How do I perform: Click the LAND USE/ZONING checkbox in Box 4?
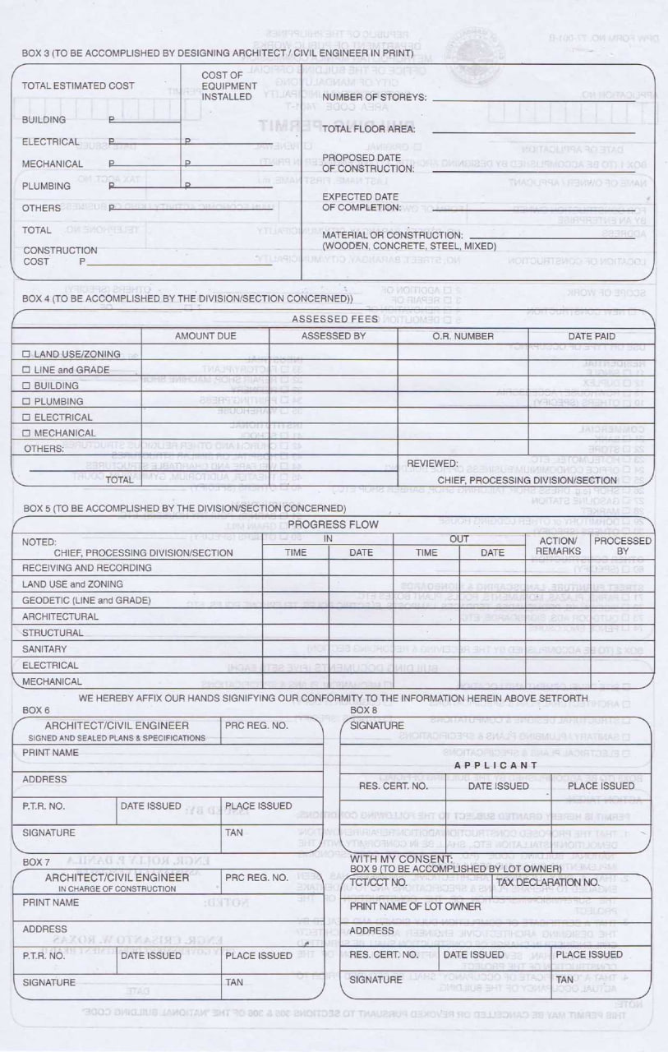pyautogui.click(x=26, y=354)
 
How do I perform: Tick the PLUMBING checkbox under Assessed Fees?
pyautogui.click(x=26, y=402)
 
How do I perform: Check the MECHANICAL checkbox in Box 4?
pyautogui.click(x=26, y=433)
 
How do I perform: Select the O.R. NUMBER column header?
pyautogui.click(x=463, y=336)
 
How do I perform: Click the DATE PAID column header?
pyautogui.click(x=592, y=336)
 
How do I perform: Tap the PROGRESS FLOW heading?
pyautogui.click(x=333, y=524)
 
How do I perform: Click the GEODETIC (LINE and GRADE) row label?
pyautogui.click(x=86, y=601)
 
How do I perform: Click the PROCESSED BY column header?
pyautogui.click(x=622, y=547)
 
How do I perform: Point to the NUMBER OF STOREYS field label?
pyautogui.click(x=374, y=98)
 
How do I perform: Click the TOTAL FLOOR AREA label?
pyautogui.click(x=368, y=130)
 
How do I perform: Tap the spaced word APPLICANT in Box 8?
pyautogui.click(x=495, y=765)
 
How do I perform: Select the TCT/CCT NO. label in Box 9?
pyautogui.click(x=379, y=883)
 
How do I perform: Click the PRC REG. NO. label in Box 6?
pyautogui.click(x=256, y=727)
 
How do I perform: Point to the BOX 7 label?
pyautogui.click(x=36, y=862)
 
